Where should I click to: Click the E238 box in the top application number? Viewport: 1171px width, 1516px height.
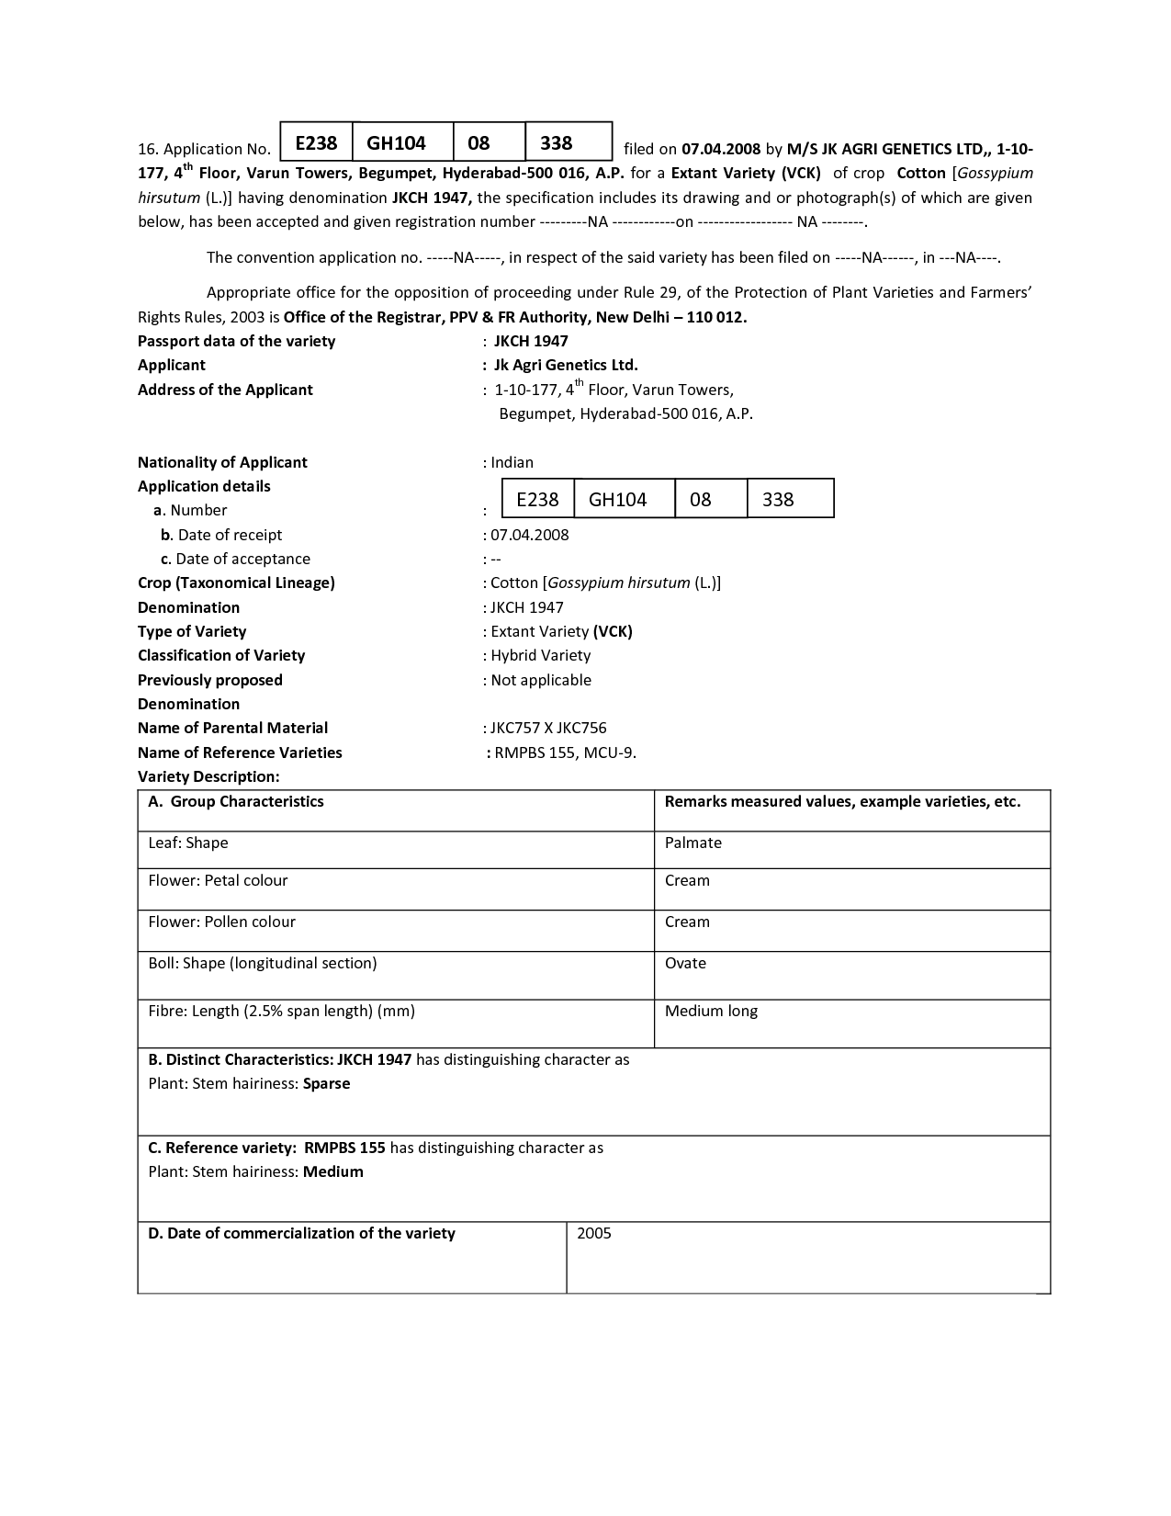click(x=316, y=142)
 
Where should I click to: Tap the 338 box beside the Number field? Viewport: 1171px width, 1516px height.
click(x=790, y=499)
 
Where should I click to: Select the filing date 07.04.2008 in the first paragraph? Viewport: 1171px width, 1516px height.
click(x=721, y=149)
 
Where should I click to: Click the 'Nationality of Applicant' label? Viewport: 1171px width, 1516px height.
click(x=222, y=462)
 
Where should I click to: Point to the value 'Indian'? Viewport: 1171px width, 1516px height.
click(x=512, y=462)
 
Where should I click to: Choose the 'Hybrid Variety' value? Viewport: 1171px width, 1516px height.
click(x=540, y=655)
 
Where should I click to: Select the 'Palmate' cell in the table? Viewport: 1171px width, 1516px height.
click(x=693, y=843)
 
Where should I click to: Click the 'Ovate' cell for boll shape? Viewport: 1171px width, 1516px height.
click(x=685, y=963)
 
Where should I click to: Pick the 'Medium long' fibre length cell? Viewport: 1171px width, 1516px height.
click(x=711, y=1011)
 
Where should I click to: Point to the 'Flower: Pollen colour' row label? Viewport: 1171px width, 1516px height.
click(x=221, y=922)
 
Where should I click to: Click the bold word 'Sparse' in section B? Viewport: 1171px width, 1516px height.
click(x=327, y=1083)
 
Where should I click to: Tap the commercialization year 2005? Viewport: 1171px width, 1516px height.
click(x=594, y=1233)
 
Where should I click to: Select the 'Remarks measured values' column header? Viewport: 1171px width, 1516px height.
click(x=842, y=801)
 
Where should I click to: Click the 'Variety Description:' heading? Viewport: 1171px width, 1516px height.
click(x=208, y=776)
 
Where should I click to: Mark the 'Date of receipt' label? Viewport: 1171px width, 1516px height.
click(x=229, y=535)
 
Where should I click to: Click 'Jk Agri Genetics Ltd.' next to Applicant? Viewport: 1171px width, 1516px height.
click(x=566, y=365)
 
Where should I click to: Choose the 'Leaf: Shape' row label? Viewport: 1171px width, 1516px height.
click(x=188, y=843)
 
